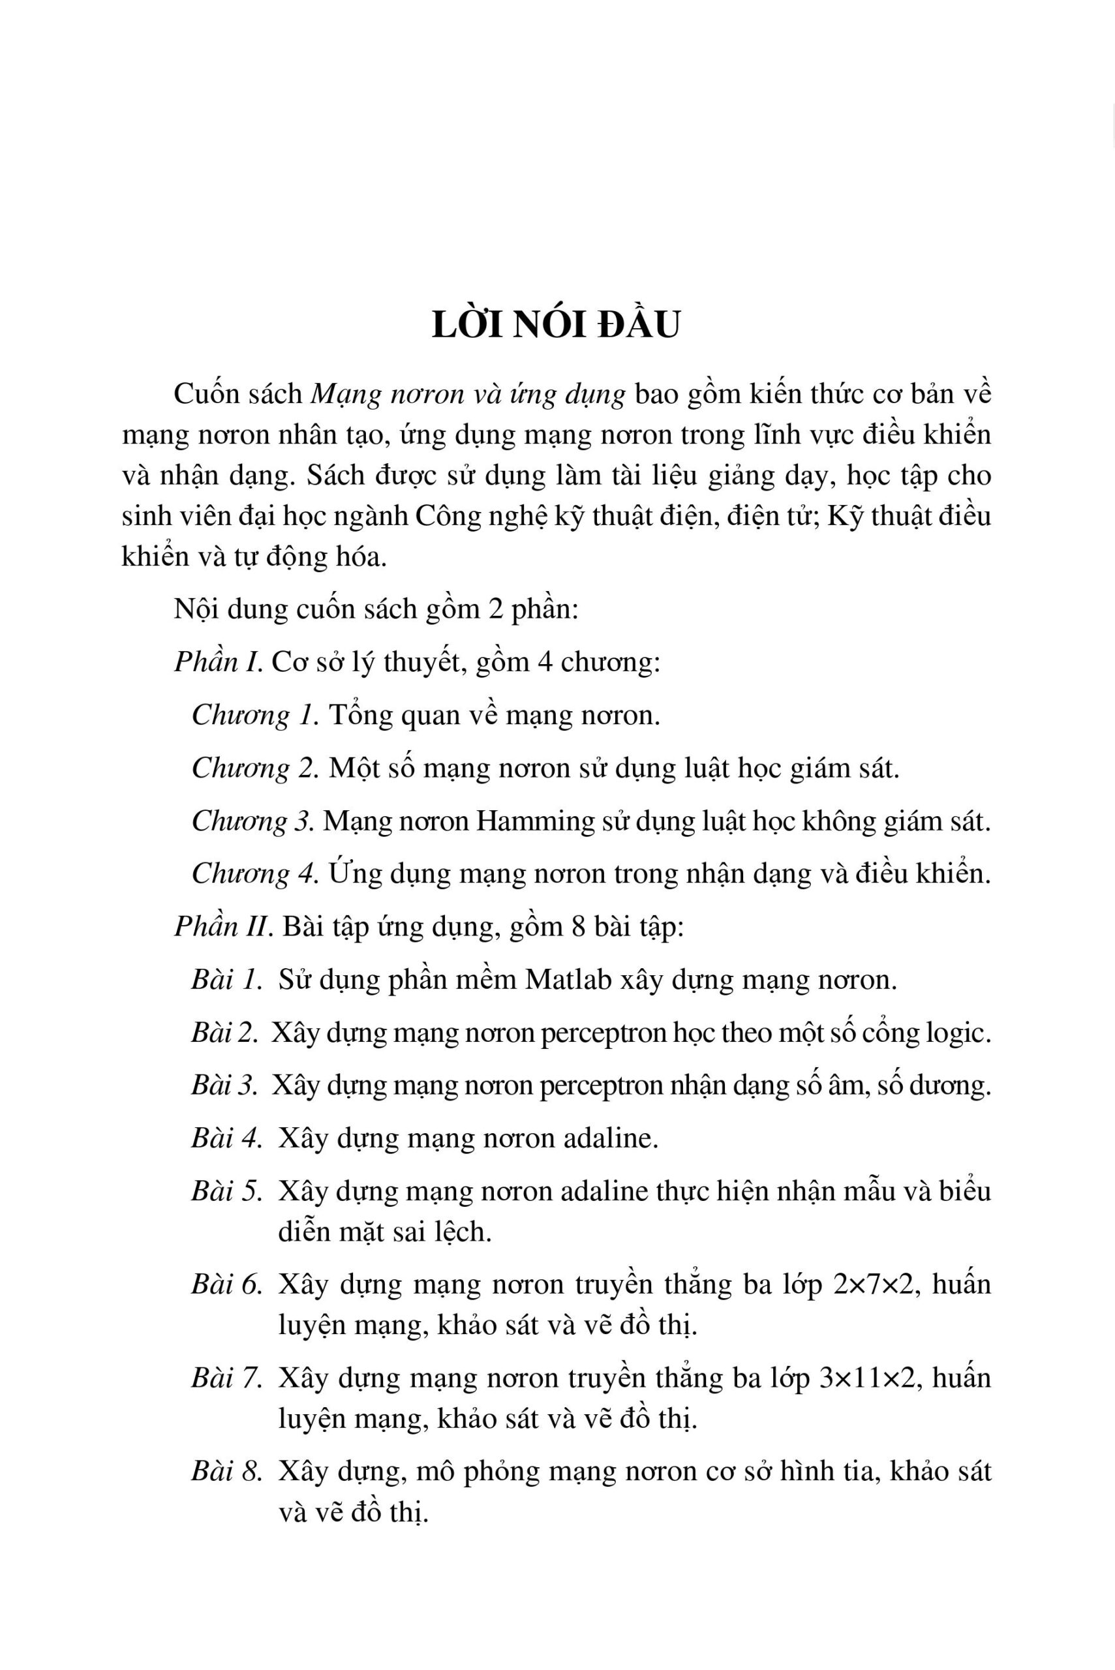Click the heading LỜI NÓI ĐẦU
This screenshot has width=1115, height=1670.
point(556,326)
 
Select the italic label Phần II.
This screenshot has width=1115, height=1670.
point(224,927)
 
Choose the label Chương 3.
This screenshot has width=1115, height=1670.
point(252,821)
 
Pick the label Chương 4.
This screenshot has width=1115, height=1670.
point(254,873)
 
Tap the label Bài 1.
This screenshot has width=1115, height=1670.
point(226,980)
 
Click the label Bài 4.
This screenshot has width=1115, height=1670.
point(227,1139)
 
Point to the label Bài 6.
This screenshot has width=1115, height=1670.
point(227,1284)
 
